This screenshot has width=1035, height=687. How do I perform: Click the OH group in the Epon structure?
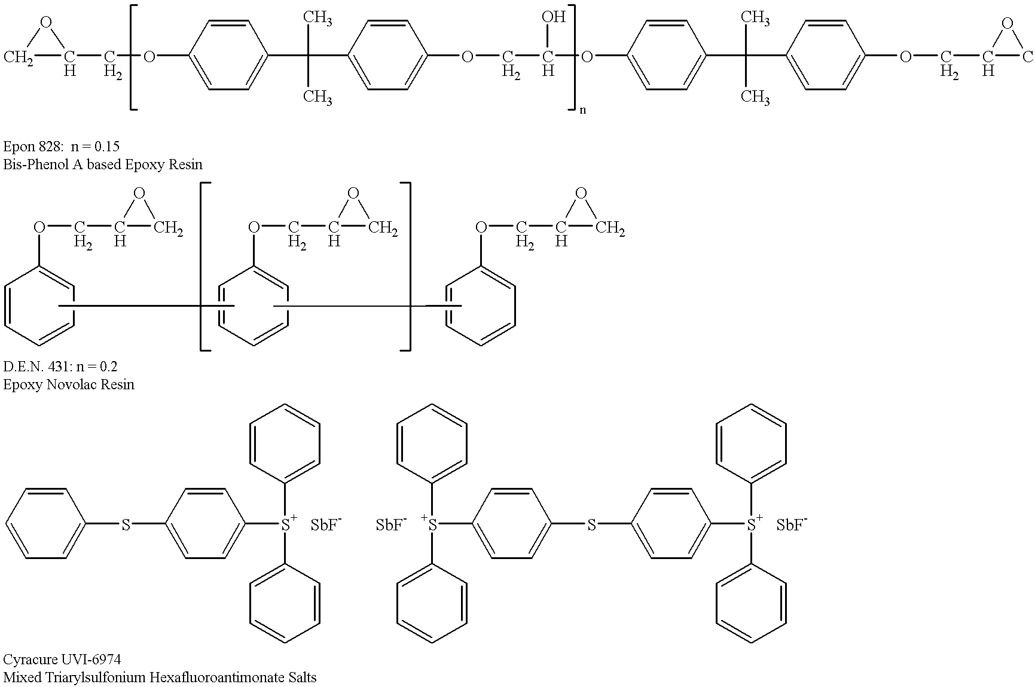553,17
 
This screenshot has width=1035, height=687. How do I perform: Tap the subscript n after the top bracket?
582,110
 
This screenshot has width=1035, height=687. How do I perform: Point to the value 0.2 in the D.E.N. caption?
108,366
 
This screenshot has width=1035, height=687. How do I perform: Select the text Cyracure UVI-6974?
62,659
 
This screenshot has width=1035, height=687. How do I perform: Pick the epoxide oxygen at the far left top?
45,23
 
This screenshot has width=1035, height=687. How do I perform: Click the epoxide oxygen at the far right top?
1007,23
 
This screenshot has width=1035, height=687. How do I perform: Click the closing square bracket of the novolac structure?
406,265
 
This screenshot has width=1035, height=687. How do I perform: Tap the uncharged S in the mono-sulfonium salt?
126,525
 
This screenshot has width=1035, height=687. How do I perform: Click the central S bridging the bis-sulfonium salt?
591,525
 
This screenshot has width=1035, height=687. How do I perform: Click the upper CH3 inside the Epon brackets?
317,19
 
